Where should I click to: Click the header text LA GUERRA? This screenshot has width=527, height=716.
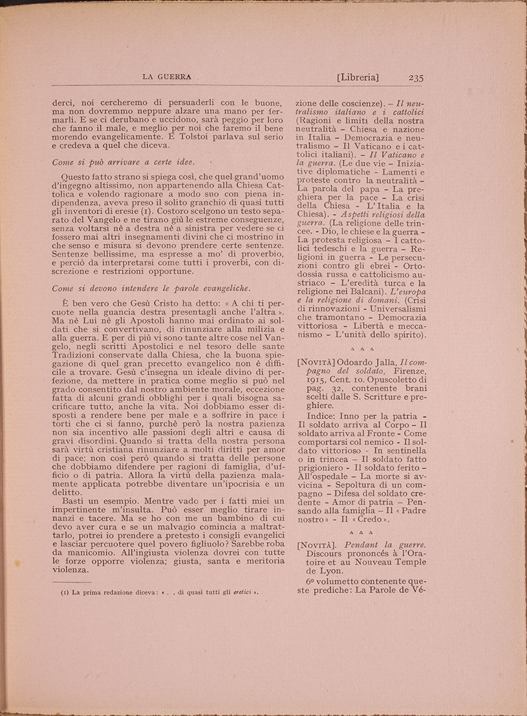click(166, 77)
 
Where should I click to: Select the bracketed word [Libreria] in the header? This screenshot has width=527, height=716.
click(358, 77)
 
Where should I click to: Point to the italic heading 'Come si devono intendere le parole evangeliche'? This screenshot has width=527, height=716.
click(151, 288)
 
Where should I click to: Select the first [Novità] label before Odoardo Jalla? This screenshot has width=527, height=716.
click(316, 361)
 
